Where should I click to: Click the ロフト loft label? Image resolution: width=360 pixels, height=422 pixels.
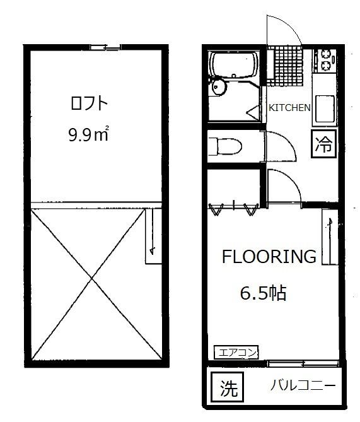click(89, 103)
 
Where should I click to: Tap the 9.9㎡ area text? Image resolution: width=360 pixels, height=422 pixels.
click(88, 134)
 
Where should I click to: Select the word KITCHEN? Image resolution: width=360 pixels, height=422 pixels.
click(290, 108)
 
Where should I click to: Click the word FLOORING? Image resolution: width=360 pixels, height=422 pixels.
click(269, 257)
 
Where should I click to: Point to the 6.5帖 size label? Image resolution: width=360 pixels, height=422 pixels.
click(263, 293)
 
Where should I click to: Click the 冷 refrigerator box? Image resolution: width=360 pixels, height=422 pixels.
click(324, 143)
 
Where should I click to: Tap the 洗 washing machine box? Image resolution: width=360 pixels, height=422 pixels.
click(228, 387)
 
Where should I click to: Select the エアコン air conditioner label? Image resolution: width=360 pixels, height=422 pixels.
click(236, 352)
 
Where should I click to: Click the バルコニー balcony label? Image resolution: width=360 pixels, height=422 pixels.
click(303, 385)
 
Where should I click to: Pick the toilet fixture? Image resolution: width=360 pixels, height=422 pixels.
click(225, 146)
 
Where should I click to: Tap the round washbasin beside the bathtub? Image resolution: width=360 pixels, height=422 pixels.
click(219, 86)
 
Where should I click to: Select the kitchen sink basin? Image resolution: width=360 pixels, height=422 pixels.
click(325, 108)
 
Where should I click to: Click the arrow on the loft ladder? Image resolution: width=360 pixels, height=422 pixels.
click(152, 232)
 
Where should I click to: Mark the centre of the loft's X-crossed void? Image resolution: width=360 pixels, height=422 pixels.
click(93, 278)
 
